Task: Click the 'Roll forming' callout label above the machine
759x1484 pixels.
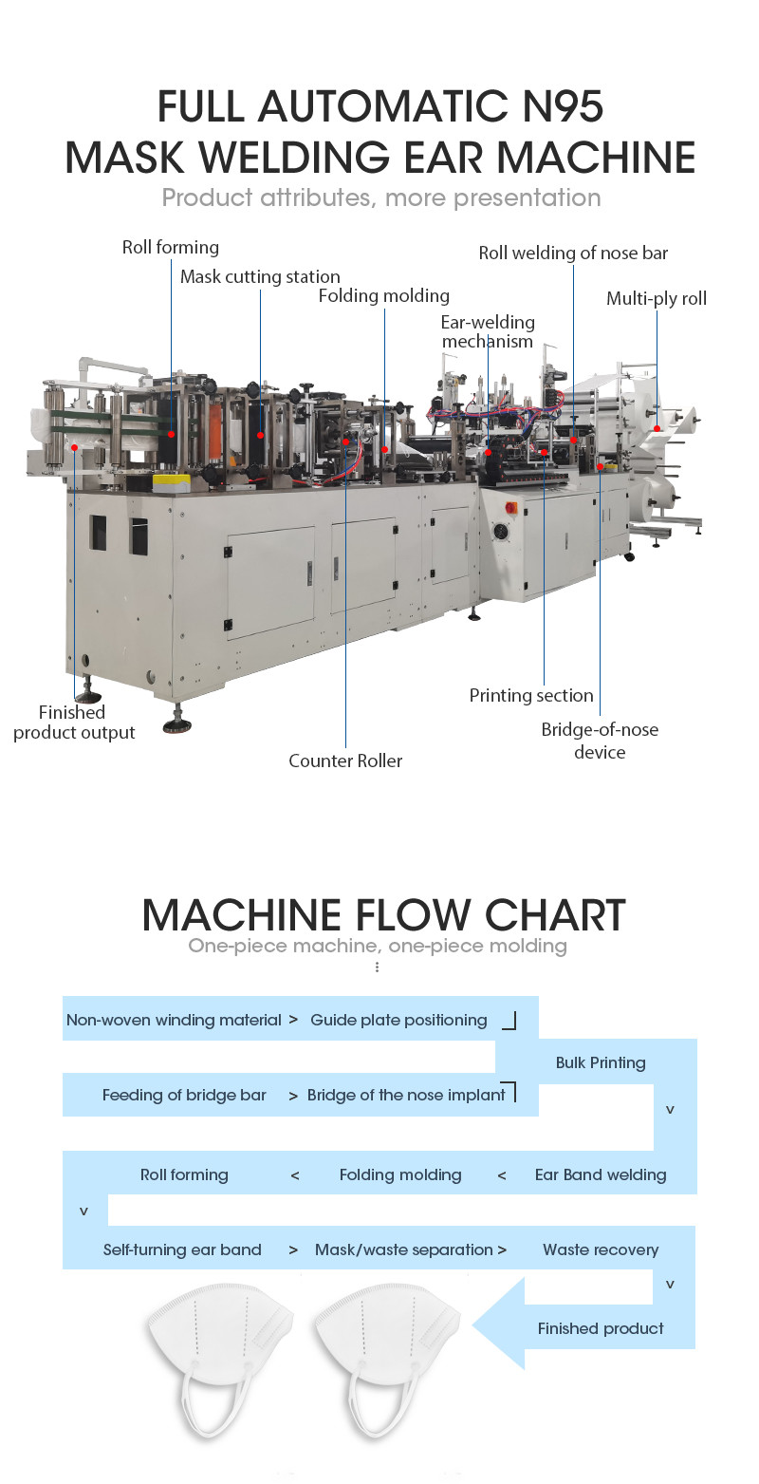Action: coord(170,247)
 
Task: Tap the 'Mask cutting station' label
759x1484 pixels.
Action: coord(260,276)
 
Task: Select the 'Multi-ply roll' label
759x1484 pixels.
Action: coord(657,298)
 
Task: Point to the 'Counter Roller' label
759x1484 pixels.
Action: coord(345,761)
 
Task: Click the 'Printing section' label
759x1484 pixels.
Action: coord(531,695)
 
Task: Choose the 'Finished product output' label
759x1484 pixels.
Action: coord(73,723)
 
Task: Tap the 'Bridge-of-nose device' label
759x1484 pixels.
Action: coord(600,741)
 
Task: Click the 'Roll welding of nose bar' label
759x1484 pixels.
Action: coord(573,253)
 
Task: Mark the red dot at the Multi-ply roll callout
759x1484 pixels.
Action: coord(657,428)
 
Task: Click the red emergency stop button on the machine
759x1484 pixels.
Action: coord(510,507)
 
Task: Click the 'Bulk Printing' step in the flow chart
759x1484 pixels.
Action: coord(601,1062)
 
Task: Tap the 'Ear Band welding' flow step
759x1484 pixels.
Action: coord(601,1174)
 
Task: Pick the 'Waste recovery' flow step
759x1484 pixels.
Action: coord(601,1249)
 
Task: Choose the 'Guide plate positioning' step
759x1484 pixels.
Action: coord(398,1020)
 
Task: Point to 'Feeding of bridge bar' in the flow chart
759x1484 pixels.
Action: coord(184,1095)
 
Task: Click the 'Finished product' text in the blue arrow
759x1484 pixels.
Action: coord(601,1327)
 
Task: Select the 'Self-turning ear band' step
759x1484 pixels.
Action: coord(182,1249)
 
